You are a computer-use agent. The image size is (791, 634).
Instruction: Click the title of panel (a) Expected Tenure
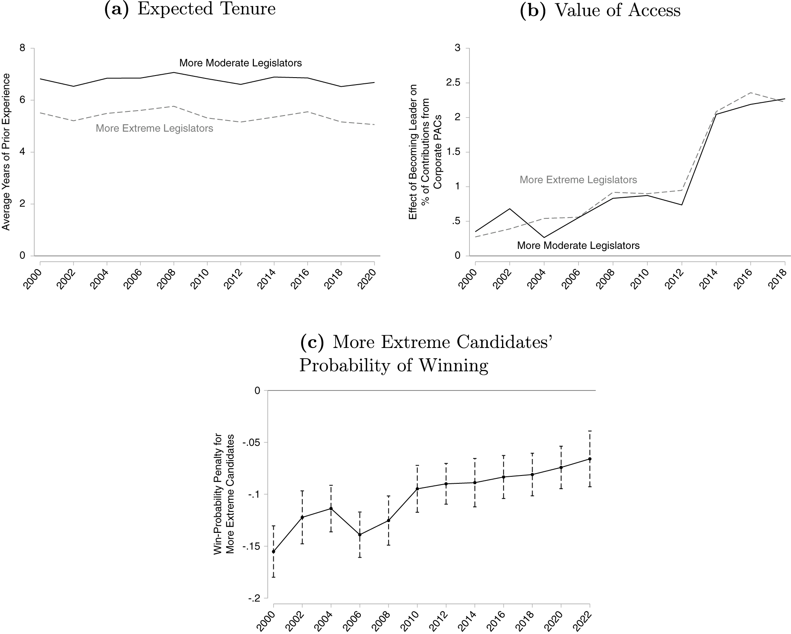pyautogui.click(x=189, y=9)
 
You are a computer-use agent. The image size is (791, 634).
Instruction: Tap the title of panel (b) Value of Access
pyautogui.click(x=600, y=10)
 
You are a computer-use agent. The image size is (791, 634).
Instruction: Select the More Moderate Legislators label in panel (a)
pyautogui.click(x=240, y=63)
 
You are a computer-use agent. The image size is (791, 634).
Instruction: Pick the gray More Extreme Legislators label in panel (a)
pyautogui.click(x=154, y=128)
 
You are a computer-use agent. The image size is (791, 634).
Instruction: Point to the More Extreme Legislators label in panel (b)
pyautogui.click(x=578, y=180)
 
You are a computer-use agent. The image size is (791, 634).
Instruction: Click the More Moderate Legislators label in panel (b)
pyautogui.click(x=578, y=246)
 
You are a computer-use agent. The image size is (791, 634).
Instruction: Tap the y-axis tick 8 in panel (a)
pyautogui.click(x=22, y=48)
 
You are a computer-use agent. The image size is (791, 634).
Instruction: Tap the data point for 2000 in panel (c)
pyautogui.click(x=273, y=551)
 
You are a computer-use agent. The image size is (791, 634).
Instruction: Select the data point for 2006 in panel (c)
pyautogui.click(x=360, y=535)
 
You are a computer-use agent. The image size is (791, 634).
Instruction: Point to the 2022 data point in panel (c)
pyautogui.click(x=590, y=459)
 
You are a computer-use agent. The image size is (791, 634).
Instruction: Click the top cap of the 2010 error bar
pyautogui.click(x=417, y=465)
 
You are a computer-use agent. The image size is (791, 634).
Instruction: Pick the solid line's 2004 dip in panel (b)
pyautogui.click(x=544, y=238)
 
